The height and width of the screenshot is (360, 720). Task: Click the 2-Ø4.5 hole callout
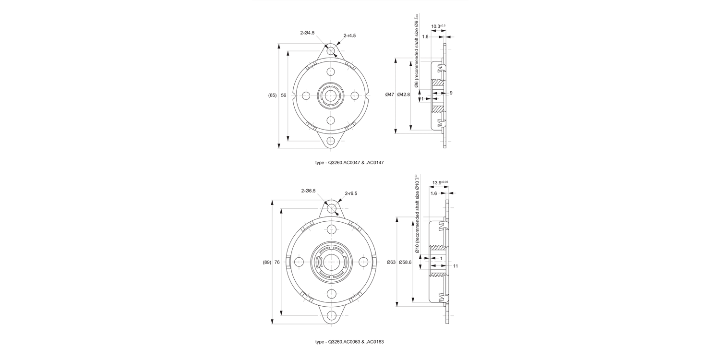click(307, 33)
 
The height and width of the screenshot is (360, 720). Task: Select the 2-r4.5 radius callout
click(349, 36)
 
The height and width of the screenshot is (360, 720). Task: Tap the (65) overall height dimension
click(272, 95)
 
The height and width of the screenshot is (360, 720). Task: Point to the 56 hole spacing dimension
click(284, 95)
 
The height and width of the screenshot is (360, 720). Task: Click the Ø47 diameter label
click(389, 95)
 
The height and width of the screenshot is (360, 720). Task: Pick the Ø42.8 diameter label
click(404, 95)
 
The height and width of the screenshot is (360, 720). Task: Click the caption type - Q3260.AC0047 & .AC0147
click(349, 163)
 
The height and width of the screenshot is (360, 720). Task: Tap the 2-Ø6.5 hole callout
click(308, 191)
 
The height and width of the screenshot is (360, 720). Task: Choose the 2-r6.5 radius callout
click(350, 193)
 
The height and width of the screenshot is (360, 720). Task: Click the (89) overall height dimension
click(267, 262)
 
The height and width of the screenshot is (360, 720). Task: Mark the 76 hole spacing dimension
click(277, 262)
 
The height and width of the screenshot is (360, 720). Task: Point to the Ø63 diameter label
click(391, 262)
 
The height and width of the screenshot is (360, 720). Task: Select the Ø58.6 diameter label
click(406, 262)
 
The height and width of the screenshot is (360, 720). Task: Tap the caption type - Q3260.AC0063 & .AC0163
click(349, 342)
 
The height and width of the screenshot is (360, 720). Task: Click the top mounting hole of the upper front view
click(330, 50)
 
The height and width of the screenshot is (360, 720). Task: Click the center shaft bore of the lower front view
click(330, 262)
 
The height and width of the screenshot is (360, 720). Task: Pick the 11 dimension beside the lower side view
click(456, 265)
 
